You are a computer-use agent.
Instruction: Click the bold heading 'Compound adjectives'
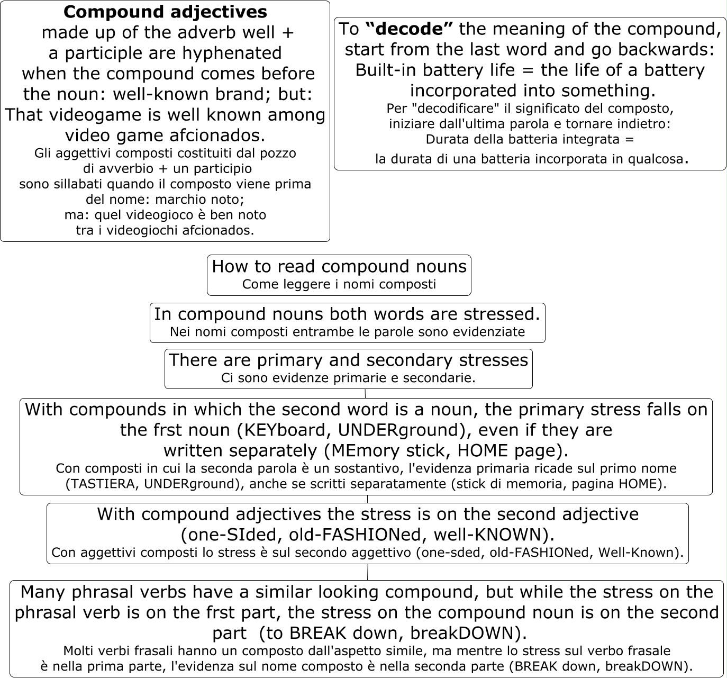pyautogui.click(x=165, y=12)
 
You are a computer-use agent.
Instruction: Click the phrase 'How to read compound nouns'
pyautogui.click(x=339, y=266)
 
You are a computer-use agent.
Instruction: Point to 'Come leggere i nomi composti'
pyautogui.click(x=339, y=284)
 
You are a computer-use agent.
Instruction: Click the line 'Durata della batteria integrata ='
pyautogui.click(x=529, y=140)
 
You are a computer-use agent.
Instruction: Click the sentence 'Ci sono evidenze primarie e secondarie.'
pyautogui.click(x=348, y=378)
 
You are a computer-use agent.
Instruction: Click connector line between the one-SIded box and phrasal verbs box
pyautogui.click(x=368, y=572)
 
